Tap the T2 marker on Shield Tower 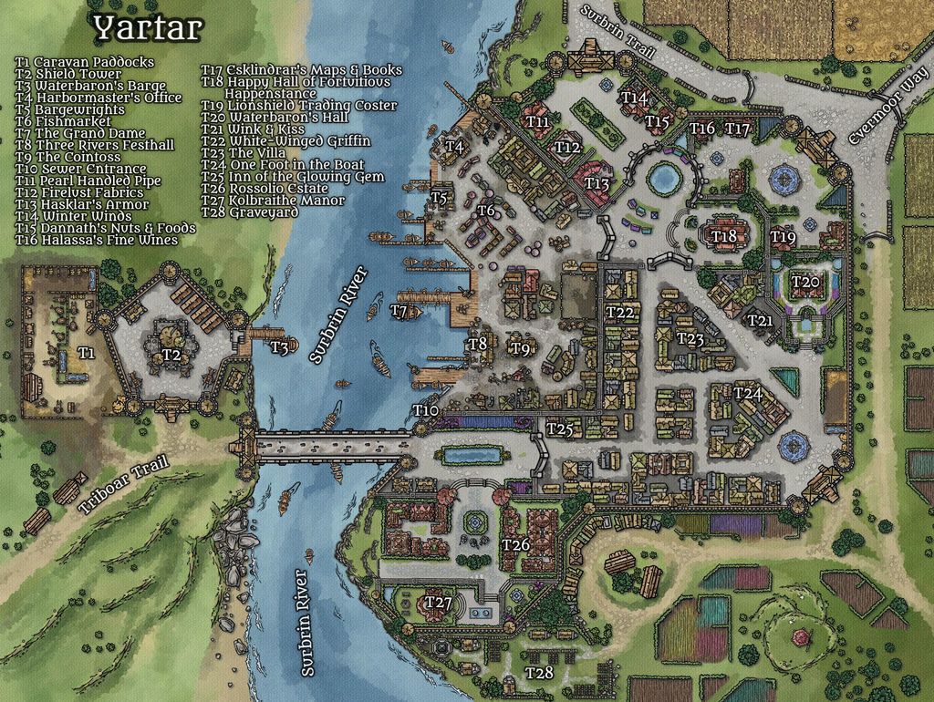[171, 356]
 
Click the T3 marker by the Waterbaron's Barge [281, 347]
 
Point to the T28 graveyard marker [539, 673]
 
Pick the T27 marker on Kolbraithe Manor [438, 604]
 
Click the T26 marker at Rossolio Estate [515, 545]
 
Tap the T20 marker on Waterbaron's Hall [804, 283]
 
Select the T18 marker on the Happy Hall [724, 237]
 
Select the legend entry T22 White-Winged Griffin [285, 141]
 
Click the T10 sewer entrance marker [425, 411]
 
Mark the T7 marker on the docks [399, 311]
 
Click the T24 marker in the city [748, 394]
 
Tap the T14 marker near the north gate [635, 98]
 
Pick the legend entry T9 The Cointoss [67, 157]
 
